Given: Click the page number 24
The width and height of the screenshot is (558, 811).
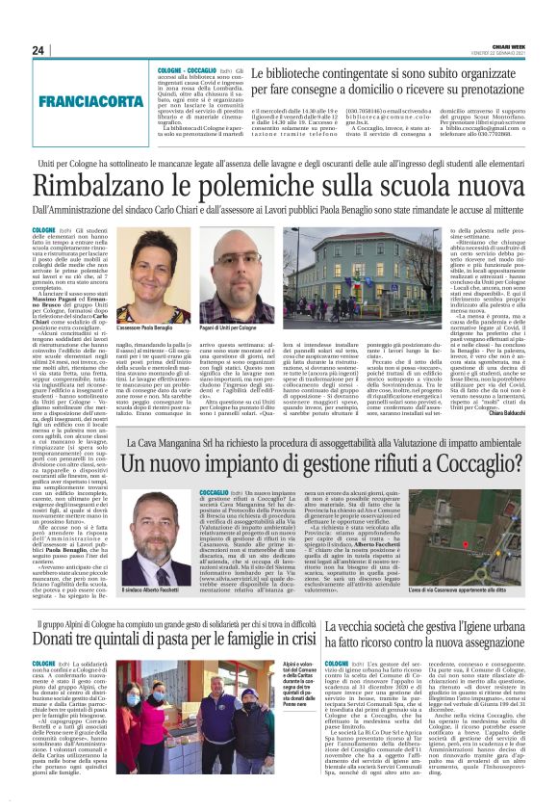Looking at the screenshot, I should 38,50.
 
